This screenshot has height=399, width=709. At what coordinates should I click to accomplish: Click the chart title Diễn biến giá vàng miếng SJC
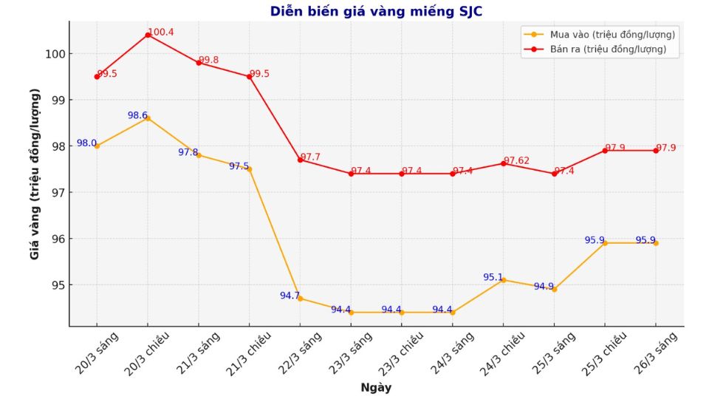pyautogui.click(x=376, y=11)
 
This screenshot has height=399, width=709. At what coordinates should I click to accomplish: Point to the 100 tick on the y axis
pyautogui.click(x=56, y=54)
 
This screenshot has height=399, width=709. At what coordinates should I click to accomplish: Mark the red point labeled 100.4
pyautogui.click(x=148, y=35)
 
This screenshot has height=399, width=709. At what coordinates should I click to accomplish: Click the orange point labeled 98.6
pyautogui.click(x=148, y=118)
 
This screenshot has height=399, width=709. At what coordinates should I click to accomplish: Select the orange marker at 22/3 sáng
pyautogui.click(x=300, y=299)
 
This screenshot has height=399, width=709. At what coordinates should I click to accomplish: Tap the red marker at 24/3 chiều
pyautogui.click(x=504, y=163)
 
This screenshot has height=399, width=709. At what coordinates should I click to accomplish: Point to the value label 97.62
pyautogui.click(x=517, y=160)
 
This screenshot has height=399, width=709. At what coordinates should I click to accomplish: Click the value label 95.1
pyautogui.click(x=493, y=277)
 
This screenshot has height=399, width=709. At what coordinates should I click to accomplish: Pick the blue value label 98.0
pyautogui.click(x=86, y=143)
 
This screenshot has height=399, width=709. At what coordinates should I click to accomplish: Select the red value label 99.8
pyautogui.click(x=209, y=60)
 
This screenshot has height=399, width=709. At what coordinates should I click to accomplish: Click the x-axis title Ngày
pyautogui.click(x=376, y=388)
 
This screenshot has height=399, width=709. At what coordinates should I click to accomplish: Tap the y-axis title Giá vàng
pyautogui.click(x=35, y=174)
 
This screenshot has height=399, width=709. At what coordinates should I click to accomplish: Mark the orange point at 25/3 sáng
pyautogui.click(x=554, y=289)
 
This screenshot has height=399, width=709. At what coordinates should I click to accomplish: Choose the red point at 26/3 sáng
pyautogui.click(x=656, y=151)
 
